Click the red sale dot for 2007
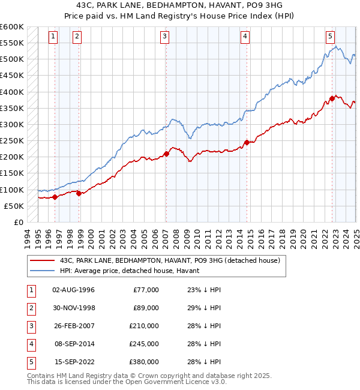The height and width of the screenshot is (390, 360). [x=166, y=154]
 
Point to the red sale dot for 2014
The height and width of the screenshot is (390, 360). [x=247, y=142]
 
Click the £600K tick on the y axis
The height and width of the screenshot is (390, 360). [x=12, y=27]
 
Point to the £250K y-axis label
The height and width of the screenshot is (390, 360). [x=12, y=140]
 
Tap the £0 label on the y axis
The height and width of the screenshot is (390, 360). [x=19, y=222]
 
